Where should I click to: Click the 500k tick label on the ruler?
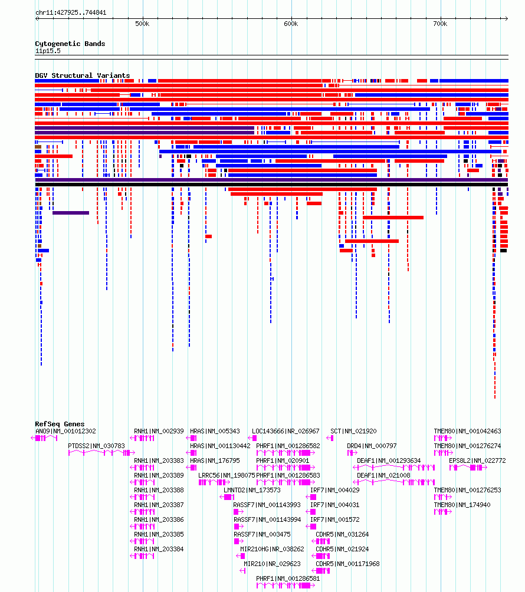click(x=142, y=24)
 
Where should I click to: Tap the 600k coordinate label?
click(x=291, y=24)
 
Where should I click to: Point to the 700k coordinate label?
click(x=440, y=24)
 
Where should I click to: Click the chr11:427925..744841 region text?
click(x=71, y=12)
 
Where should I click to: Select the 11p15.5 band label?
click(x=48, y=51)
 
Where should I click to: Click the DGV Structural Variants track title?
click(x=83, y=75)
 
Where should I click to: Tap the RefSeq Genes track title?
click(x=60, y=424)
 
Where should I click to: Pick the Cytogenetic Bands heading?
click(x=70, y=44)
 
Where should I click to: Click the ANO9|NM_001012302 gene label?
click(x=65, y=431)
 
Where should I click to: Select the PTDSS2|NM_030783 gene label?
click(x=96, y=446)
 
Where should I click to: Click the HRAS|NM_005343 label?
click(x=215, y=431)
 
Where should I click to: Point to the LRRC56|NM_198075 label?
click(x=227, y=475)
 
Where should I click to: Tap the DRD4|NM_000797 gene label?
click(x=372, y=446)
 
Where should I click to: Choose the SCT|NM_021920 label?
click(x=353, y=431)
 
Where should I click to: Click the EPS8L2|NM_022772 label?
click(x=477, y=461)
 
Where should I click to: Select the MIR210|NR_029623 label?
click(x=272, y=564)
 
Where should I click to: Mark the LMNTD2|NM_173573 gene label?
click(x=252, y=490)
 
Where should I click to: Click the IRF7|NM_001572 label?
click(x=335, y=519)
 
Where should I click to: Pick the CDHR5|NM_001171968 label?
click(x=348, y=564)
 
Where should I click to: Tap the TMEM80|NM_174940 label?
click(x=462, y=505)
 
